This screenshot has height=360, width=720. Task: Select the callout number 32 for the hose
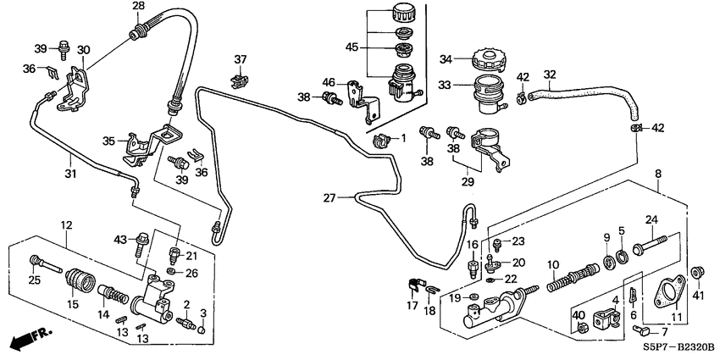pos(550,74)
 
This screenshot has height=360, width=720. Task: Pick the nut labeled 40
pos(581,324)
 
